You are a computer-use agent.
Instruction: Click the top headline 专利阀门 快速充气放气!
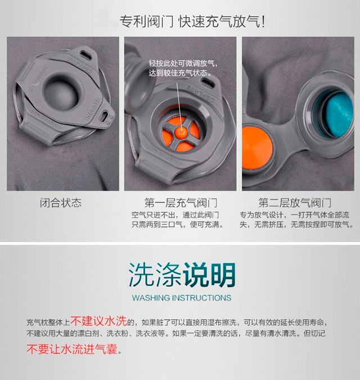click(192, 21)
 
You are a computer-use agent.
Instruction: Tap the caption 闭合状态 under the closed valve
click(61, 203)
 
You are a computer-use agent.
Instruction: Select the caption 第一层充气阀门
click(181, 203)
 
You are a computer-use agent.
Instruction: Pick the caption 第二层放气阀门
click(295, 203)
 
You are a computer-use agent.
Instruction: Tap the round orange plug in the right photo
click(256, 147)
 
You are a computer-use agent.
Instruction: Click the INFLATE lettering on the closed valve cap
click(92, 109)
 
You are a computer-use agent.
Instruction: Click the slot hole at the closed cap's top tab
click(85, 55)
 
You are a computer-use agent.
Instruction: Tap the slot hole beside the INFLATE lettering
click(105, 117)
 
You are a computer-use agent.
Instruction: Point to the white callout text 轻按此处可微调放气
click(183, 64)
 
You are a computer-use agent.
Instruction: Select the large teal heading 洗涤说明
click(182, 275)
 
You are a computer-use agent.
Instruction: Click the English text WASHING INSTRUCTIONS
click(182, 298)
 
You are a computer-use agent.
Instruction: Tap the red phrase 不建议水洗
click(99, 321)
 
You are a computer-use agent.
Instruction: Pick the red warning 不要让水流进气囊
click(72, 349)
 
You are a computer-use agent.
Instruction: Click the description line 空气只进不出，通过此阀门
click(175, 214)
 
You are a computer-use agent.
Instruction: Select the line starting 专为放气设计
click(294, 214)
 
